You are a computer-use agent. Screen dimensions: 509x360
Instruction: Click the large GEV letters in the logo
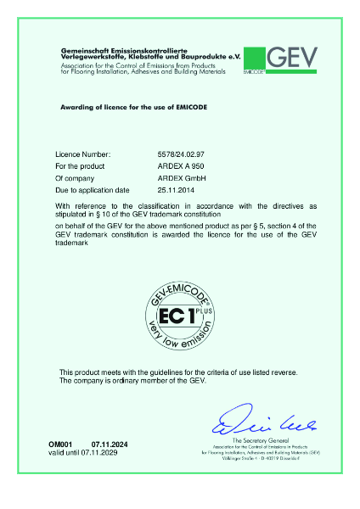click(x=295, y=57)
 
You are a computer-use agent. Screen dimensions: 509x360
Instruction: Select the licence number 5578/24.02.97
click(x=183, y=155)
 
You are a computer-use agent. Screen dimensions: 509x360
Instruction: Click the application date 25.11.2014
click(x=177, y=192)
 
